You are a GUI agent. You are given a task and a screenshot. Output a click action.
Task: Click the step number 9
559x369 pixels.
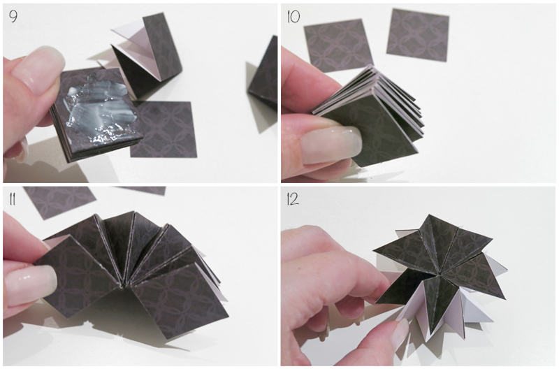click(13, 16)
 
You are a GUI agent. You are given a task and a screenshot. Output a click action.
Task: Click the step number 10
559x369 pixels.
click(293, 16)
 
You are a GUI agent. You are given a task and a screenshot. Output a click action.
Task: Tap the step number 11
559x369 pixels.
click(12, 199)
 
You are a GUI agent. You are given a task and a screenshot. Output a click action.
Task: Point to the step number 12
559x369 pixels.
click(292, 199)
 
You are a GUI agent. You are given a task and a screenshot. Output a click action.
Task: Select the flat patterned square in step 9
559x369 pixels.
click(165, 129)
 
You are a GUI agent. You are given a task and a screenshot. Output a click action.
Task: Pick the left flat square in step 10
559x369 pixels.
click(338, 45)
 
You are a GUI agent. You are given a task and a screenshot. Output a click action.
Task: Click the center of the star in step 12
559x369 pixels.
click(440, 275)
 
